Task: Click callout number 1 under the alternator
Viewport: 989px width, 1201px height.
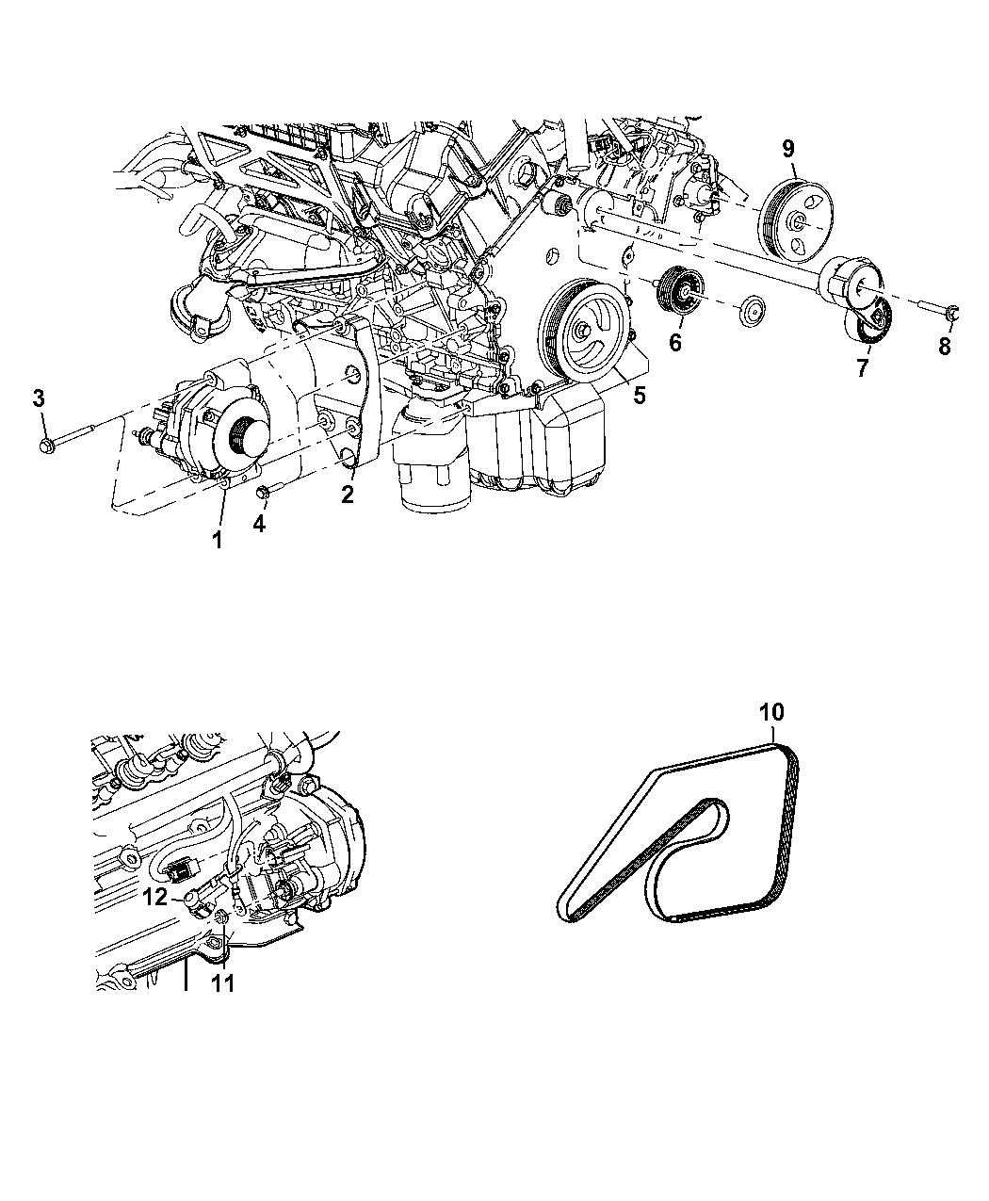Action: [x=217, y=540]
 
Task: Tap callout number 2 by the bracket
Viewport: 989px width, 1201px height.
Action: [x=347, y=495]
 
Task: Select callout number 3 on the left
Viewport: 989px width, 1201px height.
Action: [x=39, y=398]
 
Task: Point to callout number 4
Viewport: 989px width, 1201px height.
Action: [x=259, y=524]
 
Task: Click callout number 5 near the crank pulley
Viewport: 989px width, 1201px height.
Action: [x=640, y=395]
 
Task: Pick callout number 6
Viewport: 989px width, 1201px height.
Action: [x=675, y=343]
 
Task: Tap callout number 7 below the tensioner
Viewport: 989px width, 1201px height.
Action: [x=861, y=368]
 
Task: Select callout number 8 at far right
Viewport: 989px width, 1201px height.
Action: [x=944, y=347]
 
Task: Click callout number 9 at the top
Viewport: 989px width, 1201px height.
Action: [x=788, y=149]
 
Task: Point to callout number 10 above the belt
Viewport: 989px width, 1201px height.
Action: [x=771, y=712]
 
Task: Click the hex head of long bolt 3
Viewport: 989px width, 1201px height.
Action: [x=48, y=446]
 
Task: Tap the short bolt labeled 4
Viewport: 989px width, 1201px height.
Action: [x=268, y=491]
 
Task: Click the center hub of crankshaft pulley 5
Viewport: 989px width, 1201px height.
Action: [x=582, y=331]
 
